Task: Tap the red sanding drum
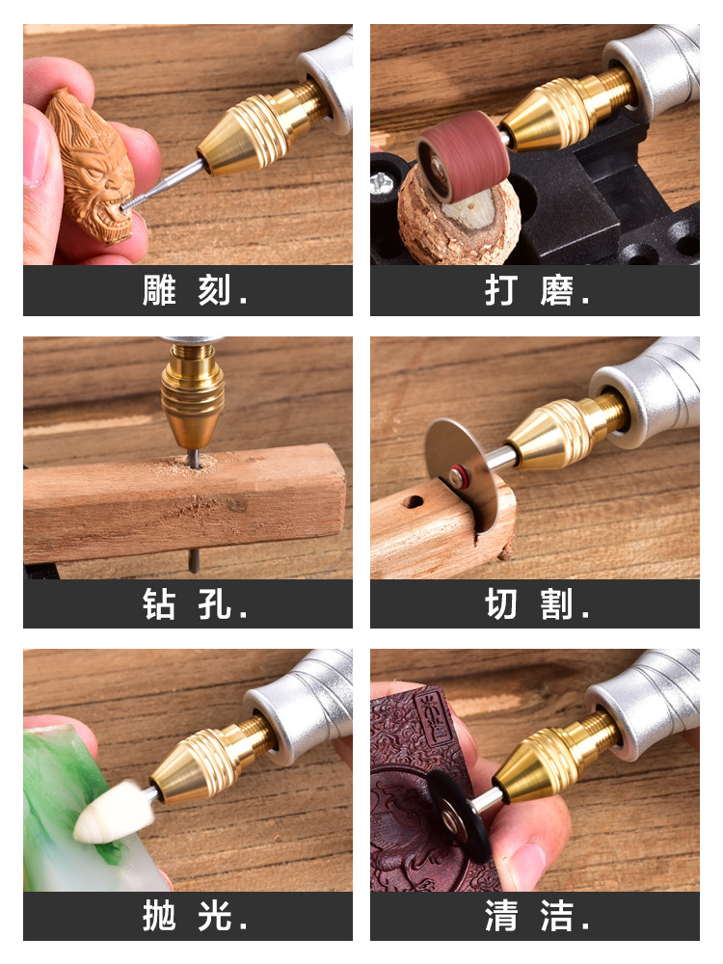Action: point(463,156)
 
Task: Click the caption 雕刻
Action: point(187,290)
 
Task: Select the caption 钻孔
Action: point(187,603)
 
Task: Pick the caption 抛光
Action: point(187,916)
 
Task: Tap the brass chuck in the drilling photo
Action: point(193,394)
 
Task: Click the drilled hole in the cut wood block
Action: point(414,502)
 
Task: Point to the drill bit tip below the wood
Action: point(194,569)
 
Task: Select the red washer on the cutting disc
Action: point(456,476)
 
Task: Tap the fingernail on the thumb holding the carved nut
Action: point(36,151)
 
